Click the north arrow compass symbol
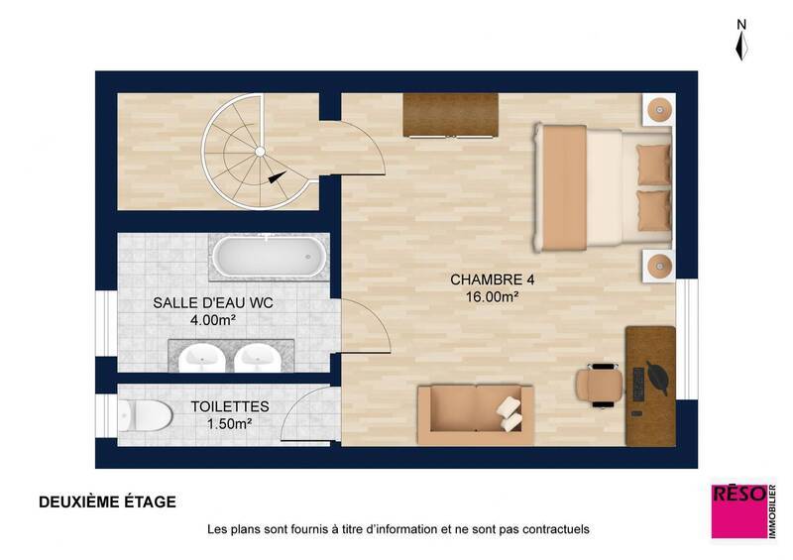(741, 42)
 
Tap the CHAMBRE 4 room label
(486, 280)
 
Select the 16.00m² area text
(486, 296)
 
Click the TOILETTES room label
(229, 406)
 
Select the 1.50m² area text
(229, 423)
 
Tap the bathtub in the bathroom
(269, 258)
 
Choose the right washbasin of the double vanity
(258, 354)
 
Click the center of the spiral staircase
(259, 151)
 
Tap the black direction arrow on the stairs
(277, 177)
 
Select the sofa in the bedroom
(476, 414)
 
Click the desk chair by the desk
(600, 385)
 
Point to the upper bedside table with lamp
(658, 109)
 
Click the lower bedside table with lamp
(658, 266)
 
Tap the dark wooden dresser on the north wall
(450, 116)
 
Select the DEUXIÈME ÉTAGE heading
(107, 503)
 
